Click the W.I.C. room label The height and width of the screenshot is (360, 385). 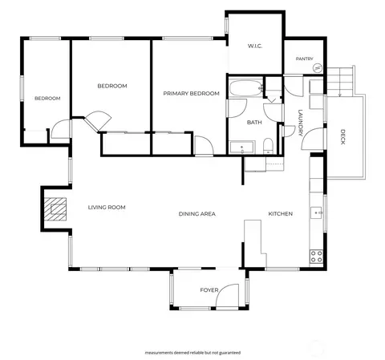[x=255, y=46]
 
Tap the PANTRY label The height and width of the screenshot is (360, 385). [x=305, y=59]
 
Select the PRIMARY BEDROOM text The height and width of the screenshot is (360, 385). [x=192, y=94]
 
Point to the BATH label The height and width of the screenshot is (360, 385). [x=254, y=123]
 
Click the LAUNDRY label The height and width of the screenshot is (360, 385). [x=301, y=123]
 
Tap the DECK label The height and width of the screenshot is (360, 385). [x=342, y=137]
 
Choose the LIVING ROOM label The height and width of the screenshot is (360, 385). [x=107, y=207]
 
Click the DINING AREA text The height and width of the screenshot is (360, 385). [x=197, y=214]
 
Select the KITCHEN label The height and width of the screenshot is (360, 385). [x=281, y=214]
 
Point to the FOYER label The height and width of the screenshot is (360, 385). [x=209, y=290]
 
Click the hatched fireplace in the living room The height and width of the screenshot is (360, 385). [x=55, y=209]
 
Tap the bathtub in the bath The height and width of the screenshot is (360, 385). [x=245, y=88]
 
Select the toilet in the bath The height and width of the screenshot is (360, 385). [x=268, y=146]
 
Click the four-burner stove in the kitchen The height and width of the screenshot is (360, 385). [x=316, y=256]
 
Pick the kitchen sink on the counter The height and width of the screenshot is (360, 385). [x=316, y=212]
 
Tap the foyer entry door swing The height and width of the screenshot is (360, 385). [x=227, y=295]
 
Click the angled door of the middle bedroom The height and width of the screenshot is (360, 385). [x=97, y=121]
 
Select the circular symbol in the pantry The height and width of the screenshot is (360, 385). [x=318, y=68]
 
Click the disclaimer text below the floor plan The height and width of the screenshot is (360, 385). [x=192, y=353]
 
